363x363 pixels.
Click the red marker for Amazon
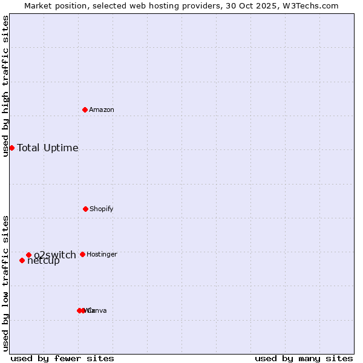pos(85,110)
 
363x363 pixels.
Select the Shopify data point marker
pos(85,209)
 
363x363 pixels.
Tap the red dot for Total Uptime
pos(11,148)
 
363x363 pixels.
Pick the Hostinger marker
pos(82,254)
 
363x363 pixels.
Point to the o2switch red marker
pos(28,255)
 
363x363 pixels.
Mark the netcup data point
pos(22,260)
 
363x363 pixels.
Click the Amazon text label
pos(102,110)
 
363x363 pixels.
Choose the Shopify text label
pos(102,209)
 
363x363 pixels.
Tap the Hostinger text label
pos(102,255)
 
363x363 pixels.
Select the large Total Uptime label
pos(48,148)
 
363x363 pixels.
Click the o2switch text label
pos(55,255)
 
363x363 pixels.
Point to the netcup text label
pos(44,261)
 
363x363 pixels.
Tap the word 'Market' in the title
pos(39,6)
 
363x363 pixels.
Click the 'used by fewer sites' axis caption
pos(62,358)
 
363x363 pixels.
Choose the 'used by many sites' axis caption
pos(304,358)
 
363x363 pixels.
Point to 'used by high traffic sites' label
pos(5,86)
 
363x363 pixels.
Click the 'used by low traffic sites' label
pos(5,283)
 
